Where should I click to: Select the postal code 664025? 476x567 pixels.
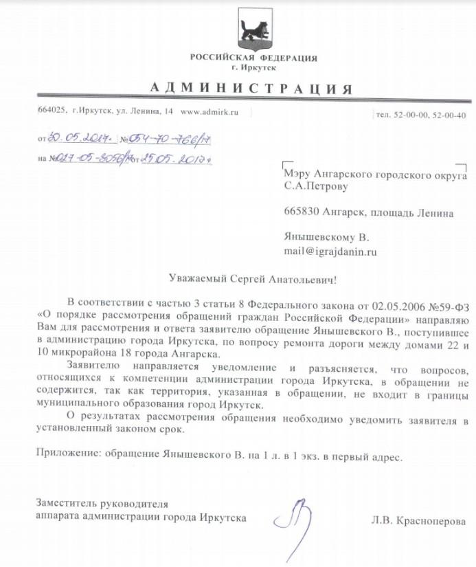coord(52,111)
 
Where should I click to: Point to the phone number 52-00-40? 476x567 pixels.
coord(451,115)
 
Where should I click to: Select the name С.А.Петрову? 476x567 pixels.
coord(316,186)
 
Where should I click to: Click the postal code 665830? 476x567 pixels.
coord(301,213)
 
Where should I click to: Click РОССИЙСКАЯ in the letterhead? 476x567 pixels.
coord(221,58)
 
